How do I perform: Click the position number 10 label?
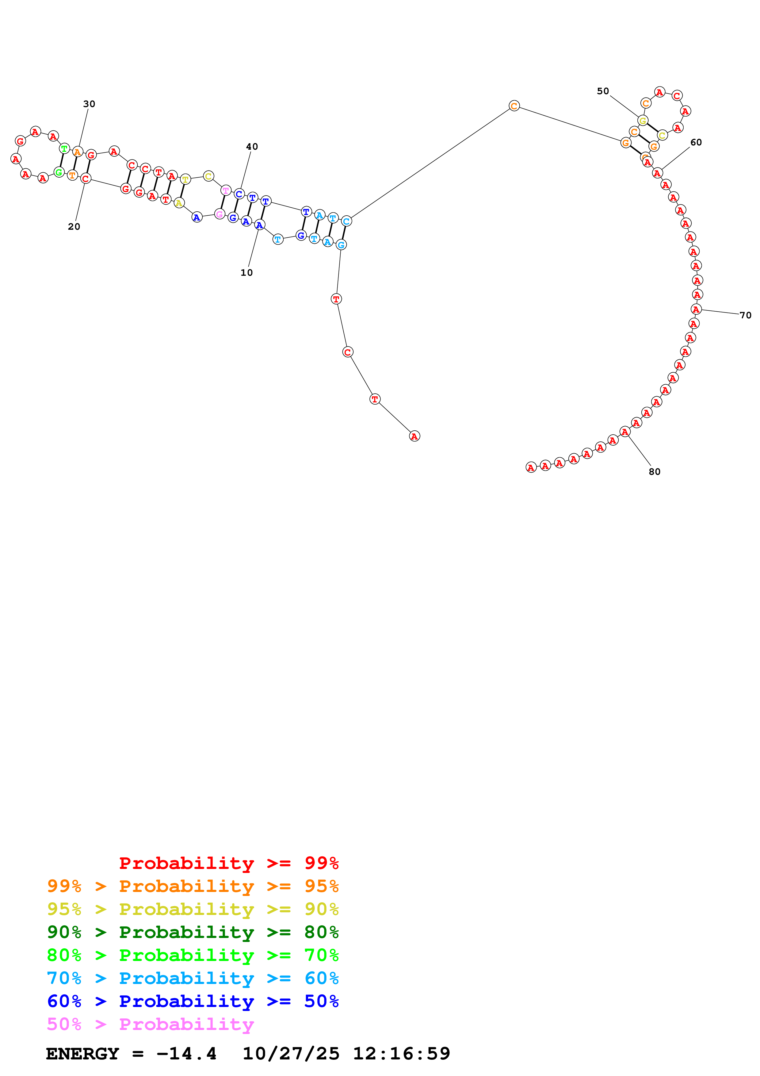click(246, 273)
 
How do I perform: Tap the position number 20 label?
click(74, 227)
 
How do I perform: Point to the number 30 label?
click(89, 104)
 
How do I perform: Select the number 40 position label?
click(252, 147)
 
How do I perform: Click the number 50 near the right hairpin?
click(603, 91)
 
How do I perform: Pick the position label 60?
click(696, 142)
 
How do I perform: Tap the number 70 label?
click(745, 315)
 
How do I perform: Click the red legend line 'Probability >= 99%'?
click(228, 863)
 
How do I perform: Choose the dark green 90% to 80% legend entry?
click(193, 932)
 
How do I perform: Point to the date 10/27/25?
click(291, 1054)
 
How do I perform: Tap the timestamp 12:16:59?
click(401, 1054)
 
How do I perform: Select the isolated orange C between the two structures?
click(514, 106)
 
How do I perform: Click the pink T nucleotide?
click(226, 190)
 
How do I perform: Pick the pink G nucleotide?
click(219, 214)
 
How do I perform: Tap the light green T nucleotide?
click(64, 148)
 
